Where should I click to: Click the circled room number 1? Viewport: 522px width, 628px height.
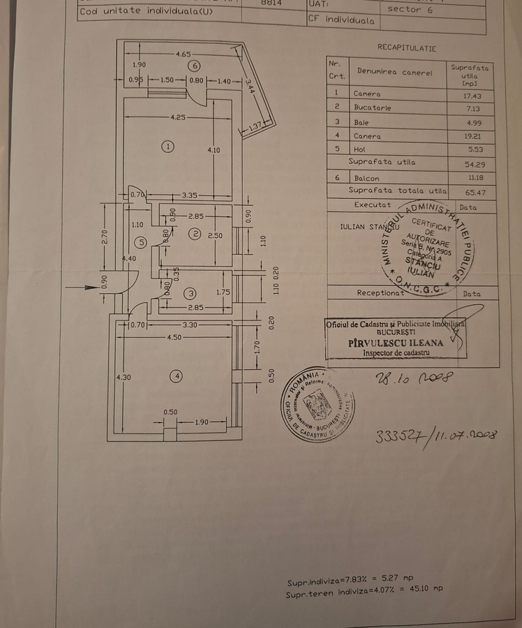pyautogui.click(x=167, y=146)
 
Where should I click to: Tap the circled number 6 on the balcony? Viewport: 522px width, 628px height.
pyautogui.click(x=195, y=66)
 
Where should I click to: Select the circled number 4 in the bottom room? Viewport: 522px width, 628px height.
pyautogui.click(x=177, y=376)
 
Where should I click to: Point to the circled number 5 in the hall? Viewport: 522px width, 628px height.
pyautogui.click(x=141, y=242)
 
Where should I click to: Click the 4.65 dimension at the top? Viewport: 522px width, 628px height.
pyautogui.click(x=184, y=53)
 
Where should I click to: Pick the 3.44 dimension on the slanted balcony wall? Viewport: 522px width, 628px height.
pyautogui.click(x=250, y=87)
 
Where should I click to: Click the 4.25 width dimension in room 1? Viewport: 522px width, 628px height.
pyautogui.click(x=178, y=117)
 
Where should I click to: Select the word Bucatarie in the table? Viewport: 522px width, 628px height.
pyautogui.click(x=373, y=108)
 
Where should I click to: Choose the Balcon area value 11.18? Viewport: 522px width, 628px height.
pyautogui.click(x=465, y=178)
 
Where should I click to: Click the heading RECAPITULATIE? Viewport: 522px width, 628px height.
pyautogui.click(x=407, y=48)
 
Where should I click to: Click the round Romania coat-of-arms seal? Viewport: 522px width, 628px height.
pyautogui.click(x=318, y=405)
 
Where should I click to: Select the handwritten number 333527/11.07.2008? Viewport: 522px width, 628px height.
pyautogui.click(x=435, y=435)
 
